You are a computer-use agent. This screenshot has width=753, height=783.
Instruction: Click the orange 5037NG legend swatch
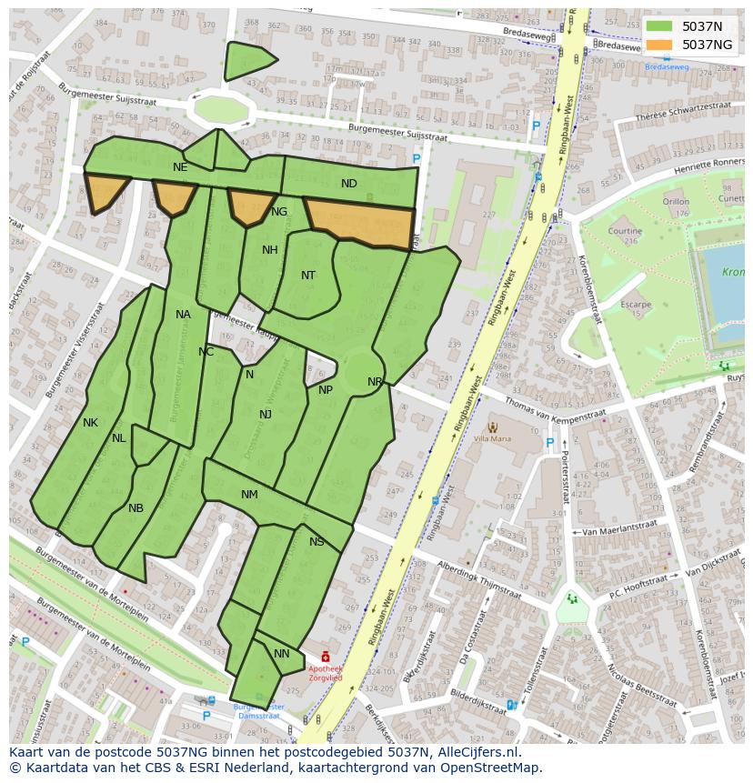[x=661, y=44]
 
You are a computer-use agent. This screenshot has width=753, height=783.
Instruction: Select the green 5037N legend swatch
[x=661, y=26]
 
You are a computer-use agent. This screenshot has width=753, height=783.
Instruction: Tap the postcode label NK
[x=90, y=423]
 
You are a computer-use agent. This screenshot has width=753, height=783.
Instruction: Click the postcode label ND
[x=349, y=184]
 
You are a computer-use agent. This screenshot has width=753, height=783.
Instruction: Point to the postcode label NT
[x=308, y=276]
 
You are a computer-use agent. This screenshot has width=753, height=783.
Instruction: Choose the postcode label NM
[x=249, y=495]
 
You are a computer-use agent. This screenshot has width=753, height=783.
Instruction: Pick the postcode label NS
[x=316, y=542]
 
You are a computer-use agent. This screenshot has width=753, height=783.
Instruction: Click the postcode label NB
[x=136, y=508]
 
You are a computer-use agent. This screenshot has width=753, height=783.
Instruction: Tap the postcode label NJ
[x=266, y=415]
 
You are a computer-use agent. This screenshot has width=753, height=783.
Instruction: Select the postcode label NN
[x=282, y=654]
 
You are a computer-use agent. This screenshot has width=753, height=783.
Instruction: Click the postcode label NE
[x=180, y=167]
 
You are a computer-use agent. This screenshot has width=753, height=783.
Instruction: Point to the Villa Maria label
[x=494, y=438]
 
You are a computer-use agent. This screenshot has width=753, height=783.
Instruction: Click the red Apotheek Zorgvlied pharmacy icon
[x=326, y=657]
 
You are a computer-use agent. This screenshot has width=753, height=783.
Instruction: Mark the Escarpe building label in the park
[x=636, y=305]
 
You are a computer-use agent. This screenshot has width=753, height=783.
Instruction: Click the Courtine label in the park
[x=625, y=231]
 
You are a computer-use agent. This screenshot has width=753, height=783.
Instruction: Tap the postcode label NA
[x=184, y=315]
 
